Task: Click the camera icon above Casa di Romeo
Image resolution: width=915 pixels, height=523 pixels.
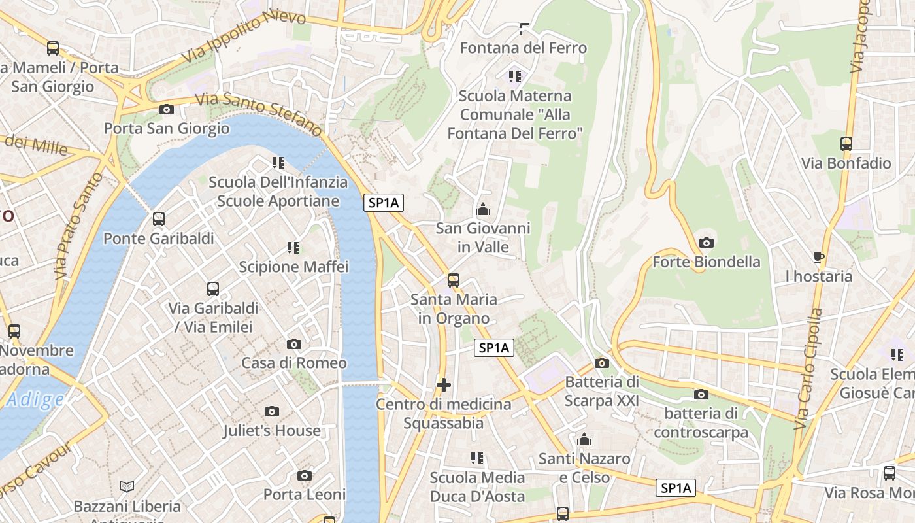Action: click(x=294, y=344)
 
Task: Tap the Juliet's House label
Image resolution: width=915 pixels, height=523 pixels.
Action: click(x=272, y=431)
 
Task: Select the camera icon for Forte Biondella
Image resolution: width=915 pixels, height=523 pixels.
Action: click(x=706, y=243)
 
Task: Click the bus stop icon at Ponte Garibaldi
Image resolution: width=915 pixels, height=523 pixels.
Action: click(x=159, y=219)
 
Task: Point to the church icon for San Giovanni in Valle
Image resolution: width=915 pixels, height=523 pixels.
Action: click(x=483, y=209)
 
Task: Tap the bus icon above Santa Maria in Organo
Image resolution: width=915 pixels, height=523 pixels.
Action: click(x=454, y=280)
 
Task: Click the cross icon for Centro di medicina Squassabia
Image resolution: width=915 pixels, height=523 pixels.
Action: click(x=444, y=385)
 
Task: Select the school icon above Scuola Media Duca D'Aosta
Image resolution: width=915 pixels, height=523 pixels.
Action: click(x=477, y=458)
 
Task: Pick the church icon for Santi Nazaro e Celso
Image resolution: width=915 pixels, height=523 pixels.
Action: click(x=584, y=439)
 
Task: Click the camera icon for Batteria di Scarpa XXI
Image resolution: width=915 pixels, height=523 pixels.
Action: click(x=602, y=363)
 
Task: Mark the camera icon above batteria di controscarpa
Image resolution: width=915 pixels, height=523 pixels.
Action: click(x=701, y=394)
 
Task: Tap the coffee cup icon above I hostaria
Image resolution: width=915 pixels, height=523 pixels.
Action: click(x=819, y=257)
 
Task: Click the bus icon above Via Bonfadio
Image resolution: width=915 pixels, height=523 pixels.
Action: click(x=846, y=144)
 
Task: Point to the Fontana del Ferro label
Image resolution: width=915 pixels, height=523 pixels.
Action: click(x=524, y=48)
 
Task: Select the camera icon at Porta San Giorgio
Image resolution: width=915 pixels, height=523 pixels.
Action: click(x=167, y=109)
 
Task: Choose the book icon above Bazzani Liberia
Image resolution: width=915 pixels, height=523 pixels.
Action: click(x=127, y=487)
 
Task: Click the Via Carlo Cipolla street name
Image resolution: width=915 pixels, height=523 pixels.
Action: click(x=808, y=369)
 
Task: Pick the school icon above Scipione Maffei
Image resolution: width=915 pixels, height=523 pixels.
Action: click(x=293, y=248)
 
